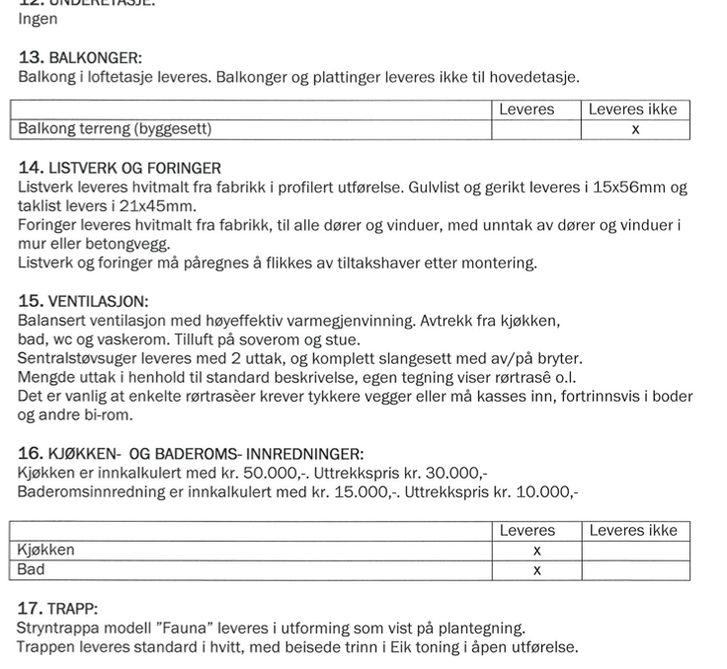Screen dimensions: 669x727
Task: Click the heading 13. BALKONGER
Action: pos(81,57)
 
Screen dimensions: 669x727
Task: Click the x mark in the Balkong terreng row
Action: pos(635,129)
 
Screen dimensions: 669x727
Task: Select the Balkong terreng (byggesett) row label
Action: pos(115,129)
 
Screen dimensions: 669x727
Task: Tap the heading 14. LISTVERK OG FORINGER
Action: pos(120,169)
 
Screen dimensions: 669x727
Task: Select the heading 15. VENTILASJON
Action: pos(91,301)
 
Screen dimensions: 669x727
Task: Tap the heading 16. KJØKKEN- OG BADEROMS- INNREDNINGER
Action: pos(191,454)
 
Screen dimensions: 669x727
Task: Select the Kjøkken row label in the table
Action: pos(45,550)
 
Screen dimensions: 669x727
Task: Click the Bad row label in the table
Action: pos(32,569)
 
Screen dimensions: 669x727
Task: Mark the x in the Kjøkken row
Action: pos(536,550)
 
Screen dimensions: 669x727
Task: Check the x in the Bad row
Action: pos(536,569)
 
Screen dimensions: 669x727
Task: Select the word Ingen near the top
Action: pos(38,19)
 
